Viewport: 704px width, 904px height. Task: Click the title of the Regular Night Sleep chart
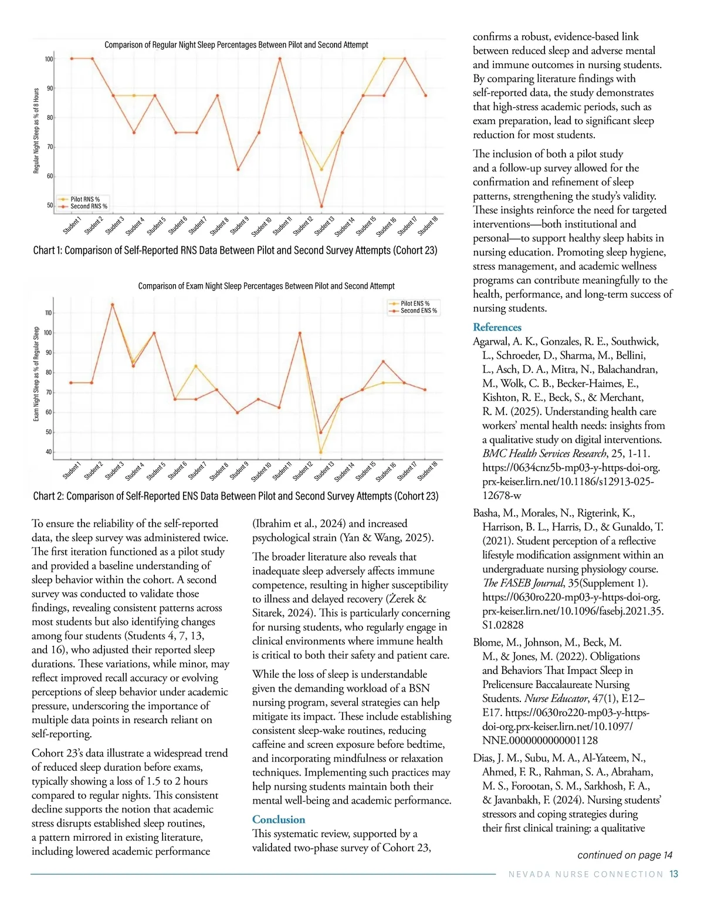236,45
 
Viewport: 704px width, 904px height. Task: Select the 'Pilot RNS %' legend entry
85,199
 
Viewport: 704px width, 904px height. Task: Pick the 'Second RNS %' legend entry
89,206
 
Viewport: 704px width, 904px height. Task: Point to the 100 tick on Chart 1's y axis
49,59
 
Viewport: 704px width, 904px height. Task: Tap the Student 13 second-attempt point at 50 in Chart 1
321,206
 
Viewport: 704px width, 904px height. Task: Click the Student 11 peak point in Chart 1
280,59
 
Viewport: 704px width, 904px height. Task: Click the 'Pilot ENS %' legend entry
415,303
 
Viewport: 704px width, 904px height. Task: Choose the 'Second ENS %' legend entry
418,311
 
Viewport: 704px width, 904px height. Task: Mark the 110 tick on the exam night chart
48,313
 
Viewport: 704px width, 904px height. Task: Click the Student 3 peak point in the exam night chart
112,304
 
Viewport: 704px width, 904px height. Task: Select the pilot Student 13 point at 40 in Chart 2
320,452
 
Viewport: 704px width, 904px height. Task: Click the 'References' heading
497,328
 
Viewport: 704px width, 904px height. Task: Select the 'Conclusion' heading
279,819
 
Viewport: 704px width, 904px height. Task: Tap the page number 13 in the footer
673,874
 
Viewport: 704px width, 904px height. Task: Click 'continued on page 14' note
625,855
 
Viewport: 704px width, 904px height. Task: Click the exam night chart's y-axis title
36,374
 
